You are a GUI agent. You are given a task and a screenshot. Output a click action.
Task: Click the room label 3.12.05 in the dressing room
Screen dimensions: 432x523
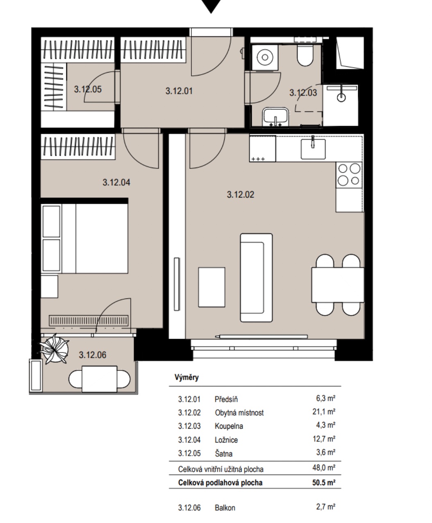pyautogui.click(x=88, y=89)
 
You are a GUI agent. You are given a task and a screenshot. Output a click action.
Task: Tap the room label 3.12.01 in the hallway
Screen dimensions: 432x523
pyautogui.click(x=179, y=91)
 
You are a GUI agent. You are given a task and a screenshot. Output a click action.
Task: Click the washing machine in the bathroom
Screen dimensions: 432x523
pyautogui.click(x=265, y=57)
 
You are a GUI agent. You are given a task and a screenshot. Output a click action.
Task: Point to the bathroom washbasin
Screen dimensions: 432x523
pyautogui.click(x=275, y=117)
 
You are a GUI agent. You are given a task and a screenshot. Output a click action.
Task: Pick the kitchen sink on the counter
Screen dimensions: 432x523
pyautogui.click(x=313, y=149)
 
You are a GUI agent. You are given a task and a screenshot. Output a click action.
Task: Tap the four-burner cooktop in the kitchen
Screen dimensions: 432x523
pyautogui.click(x=349, y=175)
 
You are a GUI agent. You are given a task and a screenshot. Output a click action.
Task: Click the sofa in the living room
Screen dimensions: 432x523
pyautogui.click(x=256, y=277)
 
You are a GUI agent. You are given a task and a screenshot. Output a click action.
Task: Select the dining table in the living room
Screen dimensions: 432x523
pyautogui.click(x=338, y=285)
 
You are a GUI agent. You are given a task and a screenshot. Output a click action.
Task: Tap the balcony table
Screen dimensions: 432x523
pyautogui.click(x=100, y=379)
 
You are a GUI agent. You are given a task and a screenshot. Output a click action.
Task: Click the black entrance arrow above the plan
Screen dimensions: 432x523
pyautogui.click(x=211, y=6)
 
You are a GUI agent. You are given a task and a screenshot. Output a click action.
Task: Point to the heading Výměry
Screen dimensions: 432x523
pyautogui.click(x=186, y=377)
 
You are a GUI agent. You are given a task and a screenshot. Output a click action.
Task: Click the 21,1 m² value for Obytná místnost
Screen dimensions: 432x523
pyautogui.click(x=323, y=412)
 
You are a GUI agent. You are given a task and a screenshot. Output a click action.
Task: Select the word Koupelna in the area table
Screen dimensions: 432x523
pyautogui.click(x=229, y=426)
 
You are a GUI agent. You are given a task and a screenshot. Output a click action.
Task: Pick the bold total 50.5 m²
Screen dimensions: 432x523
pyautogui.click(x=323, y=482)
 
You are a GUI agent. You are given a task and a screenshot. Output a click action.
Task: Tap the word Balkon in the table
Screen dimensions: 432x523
pyautogui.click(x=225, y=508)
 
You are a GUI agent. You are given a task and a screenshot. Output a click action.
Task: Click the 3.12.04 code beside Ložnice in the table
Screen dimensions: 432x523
pyautogui.click(x=189, y=440)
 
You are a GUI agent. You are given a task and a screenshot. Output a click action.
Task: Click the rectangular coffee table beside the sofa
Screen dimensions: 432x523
pyautogui.click(x=211, y=287)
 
